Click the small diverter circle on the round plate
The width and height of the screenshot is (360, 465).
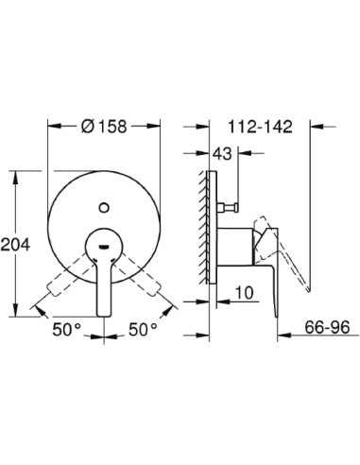point(105,200)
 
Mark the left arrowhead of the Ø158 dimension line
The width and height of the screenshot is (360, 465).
point(50,125)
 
